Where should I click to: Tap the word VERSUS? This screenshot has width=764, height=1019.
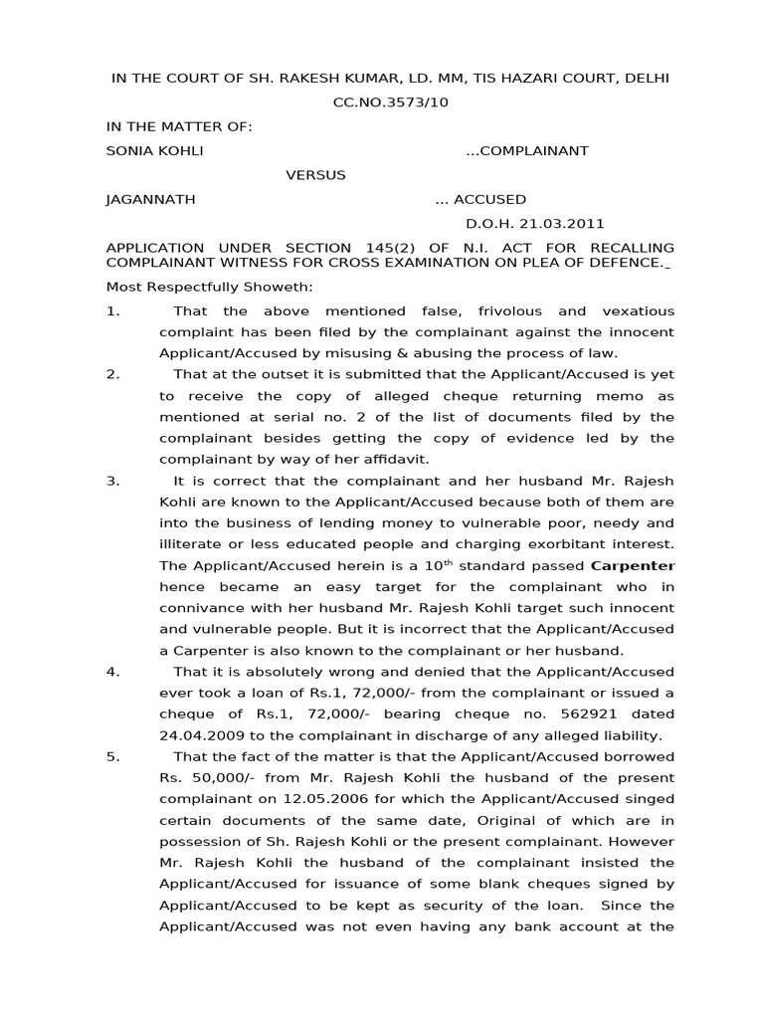click(x=316, y=175)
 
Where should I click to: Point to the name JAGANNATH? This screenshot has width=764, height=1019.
click(x=150, y=199)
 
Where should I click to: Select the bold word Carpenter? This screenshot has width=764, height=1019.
click(x=632, y=566)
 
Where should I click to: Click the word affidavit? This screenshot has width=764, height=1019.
click(x=391, y=459)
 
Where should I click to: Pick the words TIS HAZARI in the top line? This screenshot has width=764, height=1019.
click(x=496, y=79)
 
